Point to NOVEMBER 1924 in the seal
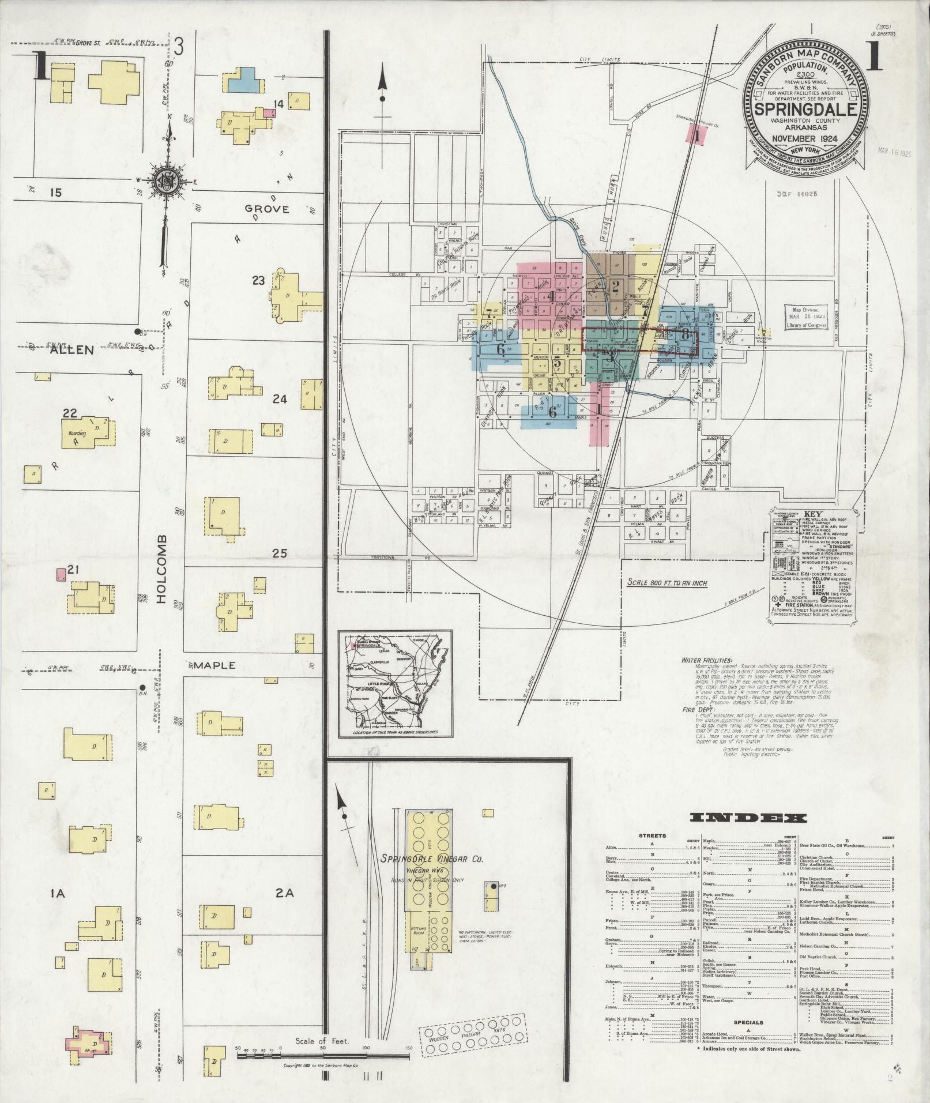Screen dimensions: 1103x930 (805, 138)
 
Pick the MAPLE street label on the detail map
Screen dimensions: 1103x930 (214, 665)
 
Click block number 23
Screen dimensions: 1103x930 (258, 281)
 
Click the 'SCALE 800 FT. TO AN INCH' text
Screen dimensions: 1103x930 (668, 582)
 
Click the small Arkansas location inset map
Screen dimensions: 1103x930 (395, 684)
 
